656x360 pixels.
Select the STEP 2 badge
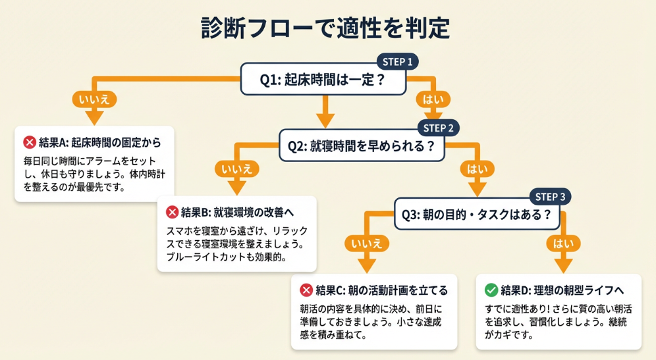point(439,128)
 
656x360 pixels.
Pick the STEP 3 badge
point(550,196)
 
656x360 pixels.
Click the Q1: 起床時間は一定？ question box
point(323,80)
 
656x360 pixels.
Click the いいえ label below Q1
point(95,99)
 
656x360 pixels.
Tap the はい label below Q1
point(433,99)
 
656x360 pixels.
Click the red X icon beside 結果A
point(30,142)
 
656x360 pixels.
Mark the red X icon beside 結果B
point(172,212)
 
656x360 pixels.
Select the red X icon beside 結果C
point(306,290)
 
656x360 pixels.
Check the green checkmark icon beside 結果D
point(491,290)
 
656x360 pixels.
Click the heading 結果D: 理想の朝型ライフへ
point(562,290)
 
